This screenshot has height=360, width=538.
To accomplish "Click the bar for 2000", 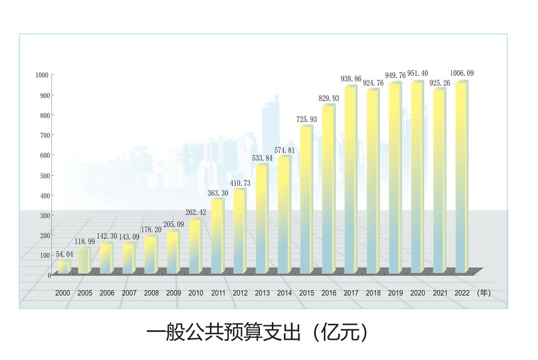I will [63, 268].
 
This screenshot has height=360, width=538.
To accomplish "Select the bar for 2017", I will [350, 179].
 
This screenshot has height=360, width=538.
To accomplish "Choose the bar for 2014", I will [284, 215].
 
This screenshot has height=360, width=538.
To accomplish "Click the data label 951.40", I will [417, 74].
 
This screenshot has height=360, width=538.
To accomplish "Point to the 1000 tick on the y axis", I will [42, 75].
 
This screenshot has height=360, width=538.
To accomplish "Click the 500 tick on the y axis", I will [44, 175].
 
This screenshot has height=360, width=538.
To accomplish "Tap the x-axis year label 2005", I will [85, 294].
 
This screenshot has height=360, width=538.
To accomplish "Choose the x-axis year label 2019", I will [395, 294].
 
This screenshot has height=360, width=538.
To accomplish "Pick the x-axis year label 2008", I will [151, 294].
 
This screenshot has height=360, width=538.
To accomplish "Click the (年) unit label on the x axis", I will [484, 294].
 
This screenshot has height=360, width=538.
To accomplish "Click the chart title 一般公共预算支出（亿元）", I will [256, 332].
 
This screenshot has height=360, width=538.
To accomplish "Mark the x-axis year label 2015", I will [307, 294].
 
